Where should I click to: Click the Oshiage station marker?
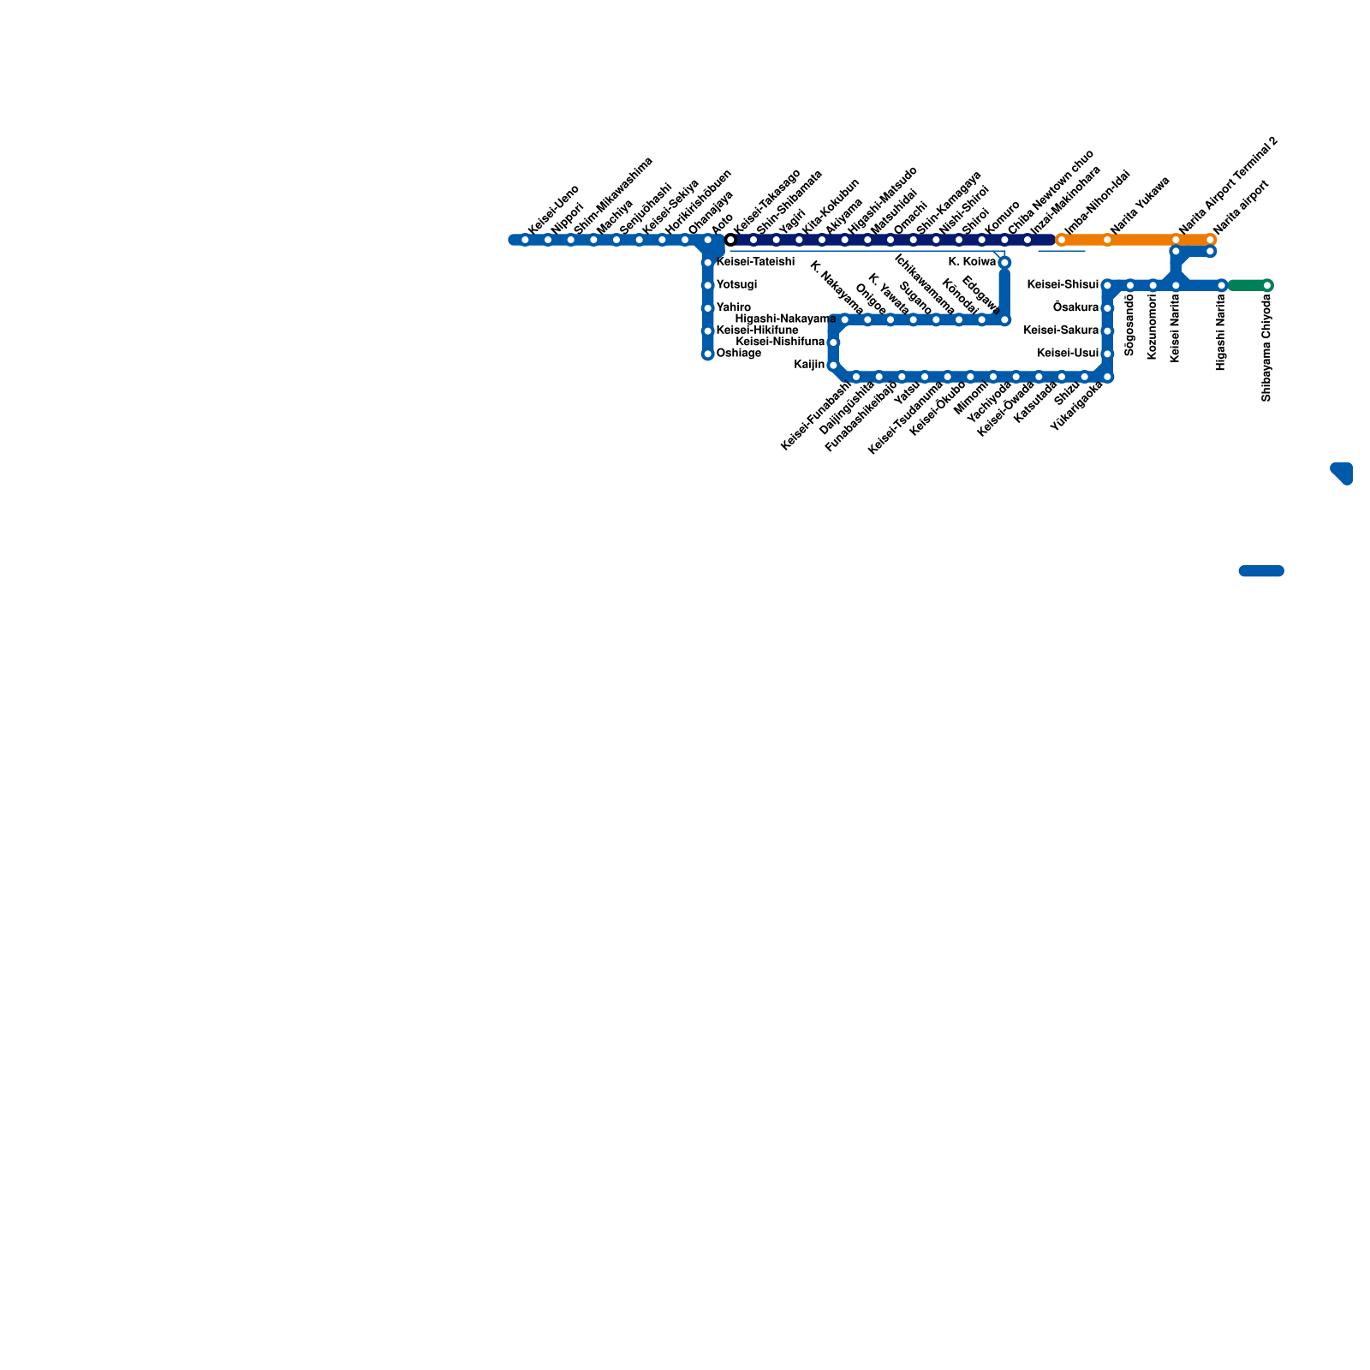707,354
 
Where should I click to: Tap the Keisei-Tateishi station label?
754,262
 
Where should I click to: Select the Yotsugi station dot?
707,285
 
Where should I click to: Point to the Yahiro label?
733,307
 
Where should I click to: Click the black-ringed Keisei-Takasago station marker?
730,240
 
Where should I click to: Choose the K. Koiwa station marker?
1004,262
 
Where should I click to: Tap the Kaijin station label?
809,365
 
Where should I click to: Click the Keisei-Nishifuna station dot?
833,342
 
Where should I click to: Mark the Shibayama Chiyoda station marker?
1267,285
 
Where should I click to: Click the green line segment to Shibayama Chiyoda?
1248,285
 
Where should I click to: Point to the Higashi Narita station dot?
1222,285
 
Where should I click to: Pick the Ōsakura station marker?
1107,308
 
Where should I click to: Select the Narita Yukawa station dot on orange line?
1107,240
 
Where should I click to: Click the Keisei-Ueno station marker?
525,240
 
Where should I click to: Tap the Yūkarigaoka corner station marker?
1107,377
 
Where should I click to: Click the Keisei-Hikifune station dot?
707,331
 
